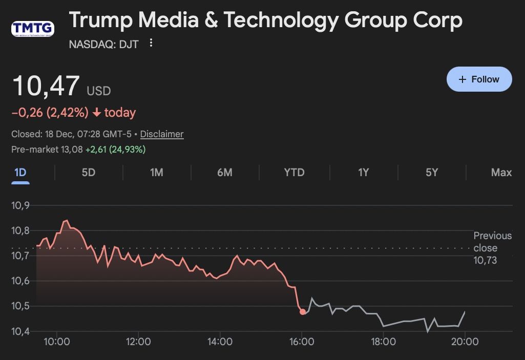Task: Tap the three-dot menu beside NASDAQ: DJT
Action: (x=151, y=43)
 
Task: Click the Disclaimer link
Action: (x=161, y=134)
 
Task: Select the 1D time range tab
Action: (x=20, y=173)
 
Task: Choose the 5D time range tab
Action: (x=89, y=173)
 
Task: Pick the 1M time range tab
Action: (x=157, y=173)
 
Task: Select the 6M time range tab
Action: (x=225, y=173)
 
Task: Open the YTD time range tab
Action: (x=294, y=173)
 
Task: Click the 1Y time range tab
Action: (x=363, y=173)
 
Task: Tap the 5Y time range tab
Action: (x=432, y=173)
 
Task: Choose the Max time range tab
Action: (x=501, y=173)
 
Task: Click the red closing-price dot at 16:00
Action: (x=303, y=311)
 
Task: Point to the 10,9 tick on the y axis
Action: (x=20, y=205)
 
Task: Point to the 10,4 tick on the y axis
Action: (x=20, y=331)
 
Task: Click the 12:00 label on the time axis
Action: (x=138, y=342)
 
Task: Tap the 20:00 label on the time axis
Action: (x=465, y=342)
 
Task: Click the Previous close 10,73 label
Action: (x=492, y=248)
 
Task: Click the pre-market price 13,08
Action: (x=72, y=150)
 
